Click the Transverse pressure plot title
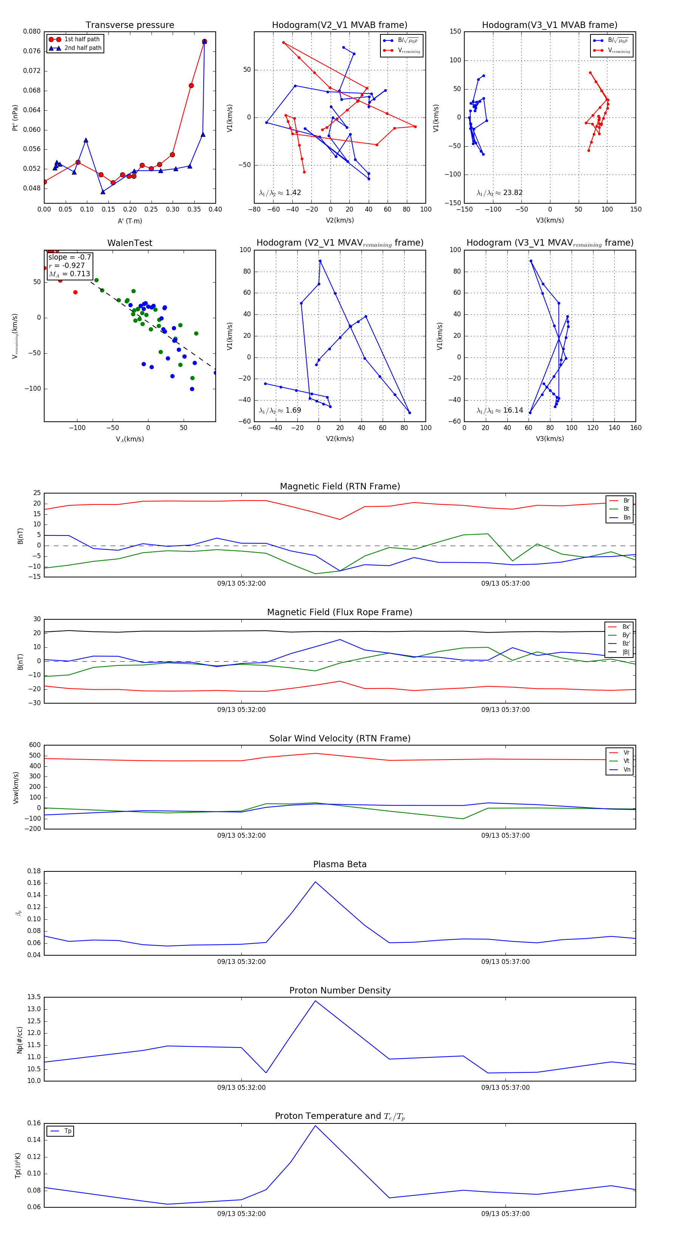click(x=130, y=25)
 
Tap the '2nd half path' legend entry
click(x=83, y=48)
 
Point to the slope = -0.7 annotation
click(x=69, y=257)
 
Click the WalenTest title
click(x=130, y=243)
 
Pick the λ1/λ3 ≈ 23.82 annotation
click(x=499, y=193)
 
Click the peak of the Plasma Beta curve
click(x=315, y=882)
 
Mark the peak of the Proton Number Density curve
click(x=315, y=1001)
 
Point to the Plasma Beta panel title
click(x=340, y=864)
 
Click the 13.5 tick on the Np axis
click(x=34, y=997)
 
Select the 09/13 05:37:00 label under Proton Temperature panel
click(x=505, y=1214)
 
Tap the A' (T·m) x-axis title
click(x=130, y=221)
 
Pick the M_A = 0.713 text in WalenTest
click(x=69, y=274)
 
